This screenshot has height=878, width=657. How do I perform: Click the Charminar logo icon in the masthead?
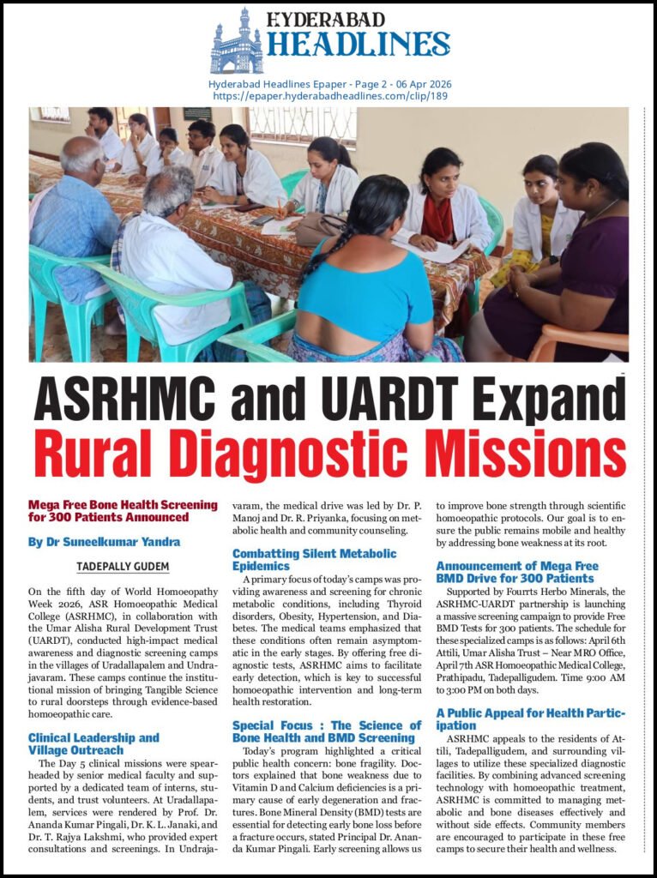point(236,40)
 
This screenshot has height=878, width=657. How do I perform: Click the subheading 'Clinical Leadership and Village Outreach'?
point(93,743)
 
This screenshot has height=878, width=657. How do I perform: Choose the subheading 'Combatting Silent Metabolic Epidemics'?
point(314,559)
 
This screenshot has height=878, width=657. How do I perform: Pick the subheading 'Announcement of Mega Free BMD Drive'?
point(515,572)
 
